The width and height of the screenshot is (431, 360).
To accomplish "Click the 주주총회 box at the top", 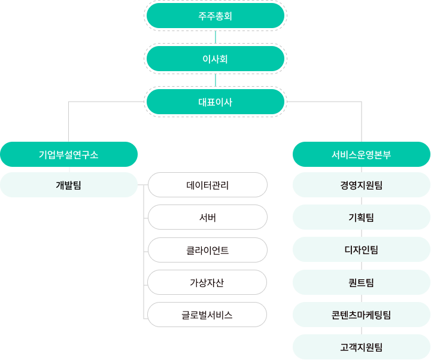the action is coord(215,16).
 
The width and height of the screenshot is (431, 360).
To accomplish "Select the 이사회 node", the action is coord(215,59).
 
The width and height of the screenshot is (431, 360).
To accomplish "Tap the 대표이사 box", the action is coord(215,102).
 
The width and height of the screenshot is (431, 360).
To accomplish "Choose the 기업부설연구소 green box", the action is coord(69,154).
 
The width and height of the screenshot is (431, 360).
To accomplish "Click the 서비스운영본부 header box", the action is coord(362,154).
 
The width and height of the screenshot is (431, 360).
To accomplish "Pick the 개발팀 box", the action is coord(69,185).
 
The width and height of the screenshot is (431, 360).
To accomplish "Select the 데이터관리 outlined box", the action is coord(208,185).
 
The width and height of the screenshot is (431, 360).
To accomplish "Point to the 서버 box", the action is coord(208,217).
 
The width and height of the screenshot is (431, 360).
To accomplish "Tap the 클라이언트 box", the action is coord(208,250).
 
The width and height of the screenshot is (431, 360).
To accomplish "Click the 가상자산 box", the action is coord(207,282).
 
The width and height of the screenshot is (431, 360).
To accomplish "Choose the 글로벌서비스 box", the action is coord(207,315).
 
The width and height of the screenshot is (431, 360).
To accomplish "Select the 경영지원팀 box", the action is coord(362,185).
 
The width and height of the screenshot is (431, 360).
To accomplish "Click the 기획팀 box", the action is coord(362,217).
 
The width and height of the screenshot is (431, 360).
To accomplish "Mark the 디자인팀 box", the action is coord(362,249).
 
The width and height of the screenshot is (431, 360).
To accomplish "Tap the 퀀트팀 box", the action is coord(362,282).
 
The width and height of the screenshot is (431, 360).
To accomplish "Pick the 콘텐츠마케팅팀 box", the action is coord(362,315).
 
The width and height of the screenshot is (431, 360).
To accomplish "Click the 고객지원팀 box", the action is coord(362,347).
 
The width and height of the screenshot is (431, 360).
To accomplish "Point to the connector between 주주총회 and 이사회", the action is coord(215,37).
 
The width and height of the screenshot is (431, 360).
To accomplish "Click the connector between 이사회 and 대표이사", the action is coord(215,80).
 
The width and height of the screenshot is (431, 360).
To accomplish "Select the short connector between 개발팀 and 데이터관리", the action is coord(142,185).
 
